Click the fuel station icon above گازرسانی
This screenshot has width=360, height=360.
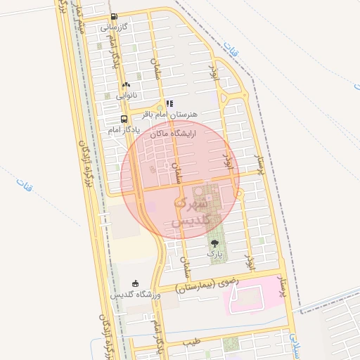(113, 16)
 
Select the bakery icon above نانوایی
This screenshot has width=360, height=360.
(126, 84)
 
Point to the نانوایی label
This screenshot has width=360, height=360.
(127, 95)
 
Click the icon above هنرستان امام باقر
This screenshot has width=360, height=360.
(169, 103)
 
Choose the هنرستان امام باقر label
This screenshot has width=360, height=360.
(171, 113)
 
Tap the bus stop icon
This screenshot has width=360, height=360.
(124, 119)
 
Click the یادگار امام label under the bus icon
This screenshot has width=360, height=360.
(124, 130)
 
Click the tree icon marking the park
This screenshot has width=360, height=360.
(214, 243)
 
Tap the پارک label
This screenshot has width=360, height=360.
(214, 253)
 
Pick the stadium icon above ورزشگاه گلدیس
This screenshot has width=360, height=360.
(136, 283)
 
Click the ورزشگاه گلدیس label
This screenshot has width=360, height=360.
(136, 294)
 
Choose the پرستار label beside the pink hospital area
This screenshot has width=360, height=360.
(284, 286)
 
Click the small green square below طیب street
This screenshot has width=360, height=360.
(231, 345)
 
